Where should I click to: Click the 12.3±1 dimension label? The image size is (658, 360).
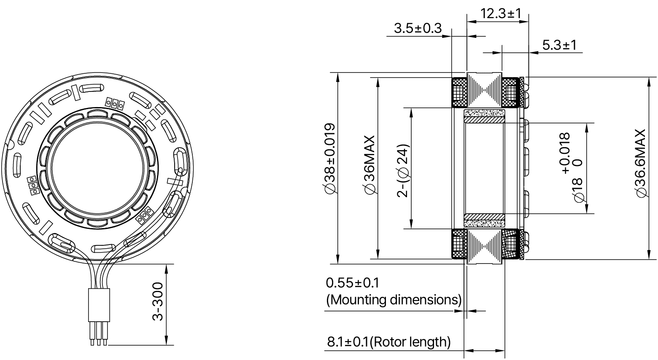(x=501, y=13)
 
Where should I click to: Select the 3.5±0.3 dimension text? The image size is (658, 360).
(x=417, y=28)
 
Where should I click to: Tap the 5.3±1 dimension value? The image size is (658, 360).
(x=559, y=45)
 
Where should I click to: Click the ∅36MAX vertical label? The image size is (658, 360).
(x=369, y=165)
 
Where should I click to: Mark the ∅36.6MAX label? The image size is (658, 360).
(x=640, y=163)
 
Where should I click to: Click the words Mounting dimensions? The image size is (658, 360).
(x=394, y=300)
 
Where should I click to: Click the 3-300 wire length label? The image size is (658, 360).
(x=158, y=302)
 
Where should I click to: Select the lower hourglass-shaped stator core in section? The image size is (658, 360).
(x=485, y=246)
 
